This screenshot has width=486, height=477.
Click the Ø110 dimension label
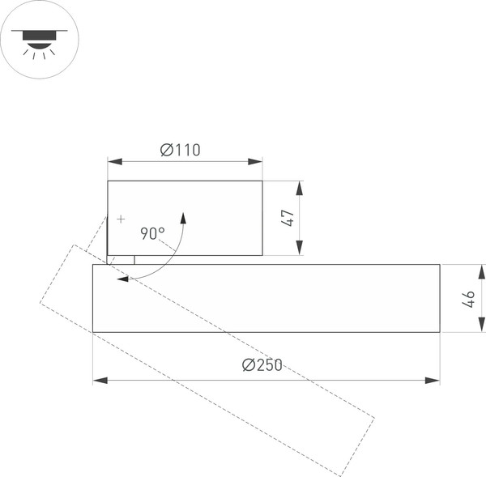(x=180, y=150)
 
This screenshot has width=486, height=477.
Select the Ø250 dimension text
(x=262, y=365)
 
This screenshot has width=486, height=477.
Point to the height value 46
(x=469, y=298)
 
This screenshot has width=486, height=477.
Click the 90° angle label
(x=152, y=233)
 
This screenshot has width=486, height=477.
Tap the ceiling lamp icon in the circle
(x=39, y=40)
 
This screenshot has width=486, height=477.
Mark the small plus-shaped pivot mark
(x=121, y=219)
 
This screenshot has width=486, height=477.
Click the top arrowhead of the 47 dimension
(x=300, y=188)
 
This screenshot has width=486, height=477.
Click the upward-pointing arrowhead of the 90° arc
(x=184, y=218)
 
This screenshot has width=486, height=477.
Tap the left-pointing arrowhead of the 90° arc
(x=122, y=279)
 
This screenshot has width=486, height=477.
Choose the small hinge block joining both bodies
(x=121, y=260)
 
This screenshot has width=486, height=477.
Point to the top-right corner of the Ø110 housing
(x=262, y=181)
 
